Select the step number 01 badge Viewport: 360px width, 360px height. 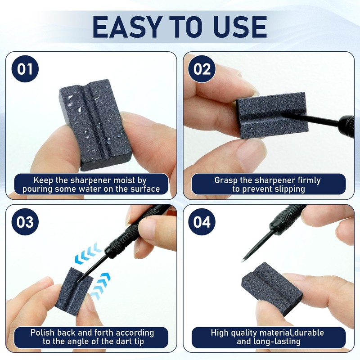(x=25, y=70)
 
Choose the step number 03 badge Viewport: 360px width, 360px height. (x=25, y=222)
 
